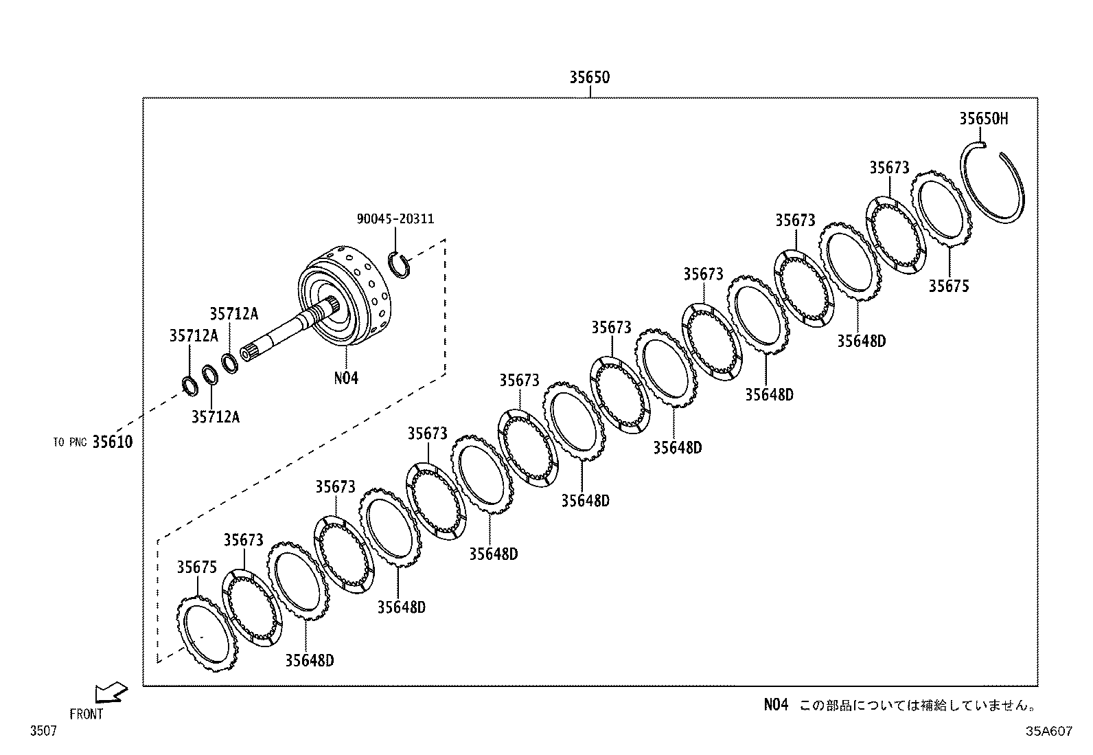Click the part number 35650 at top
[x=588, y=77]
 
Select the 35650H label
[x=983, y=118]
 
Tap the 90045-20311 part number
[x=395, y=218]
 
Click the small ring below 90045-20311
[x=400, y=265]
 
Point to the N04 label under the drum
[x=346, y=377]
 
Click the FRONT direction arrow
[x=111, y=692]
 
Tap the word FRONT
[x=86, y=714]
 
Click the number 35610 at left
[x=113, y=442]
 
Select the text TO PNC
[x=69, y=442]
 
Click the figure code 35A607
[x=1048, y=732]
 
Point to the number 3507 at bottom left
[x=43, y=732]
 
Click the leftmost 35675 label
[x=197, y=567]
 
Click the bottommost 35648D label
[x=310, y=660]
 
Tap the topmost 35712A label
[x=233, y=313]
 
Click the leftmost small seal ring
[x=190, y=385]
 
